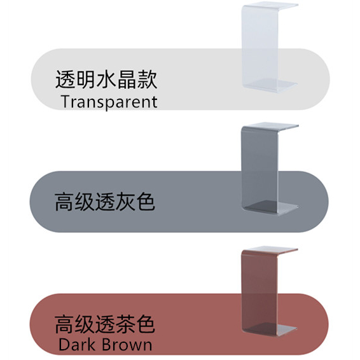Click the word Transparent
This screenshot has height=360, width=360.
click(x=109, y=102)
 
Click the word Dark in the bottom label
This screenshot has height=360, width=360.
click(x=77, y=345)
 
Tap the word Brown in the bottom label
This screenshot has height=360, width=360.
click(x=127, y=345)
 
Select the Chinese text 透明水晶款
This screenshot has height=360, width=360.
click(x=106, y=80)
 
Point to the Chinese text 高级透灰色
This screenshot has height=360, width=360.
click(x=105, y=202)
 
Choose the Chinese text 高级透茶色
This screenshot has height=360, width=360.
click(x=105, y=324)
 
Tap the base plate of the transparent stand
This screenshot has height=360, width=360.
click(x=270, y=85)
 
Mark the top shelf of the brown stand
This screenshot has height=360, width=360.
click(x=270, y=250)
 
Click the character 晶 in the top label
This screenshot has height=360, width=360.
click(x=127, y=80)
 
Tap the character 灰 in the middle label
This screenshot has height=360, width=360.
click(x=125, y=202)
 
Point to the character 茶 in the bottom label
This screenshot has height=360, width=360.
click(x=125, y=324)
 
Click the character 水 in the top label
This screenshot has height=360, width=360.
click(x=106, y=80)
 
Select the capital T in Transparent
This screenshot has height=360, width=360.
click(x=66, y=101)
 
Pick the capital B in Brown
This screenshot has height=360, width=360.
click(x=106, y=345)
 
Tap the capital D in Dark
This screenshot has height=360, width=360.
click(x=64, y=345)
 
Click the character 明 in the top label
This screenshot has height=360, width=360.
click(x=86, y=80)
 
